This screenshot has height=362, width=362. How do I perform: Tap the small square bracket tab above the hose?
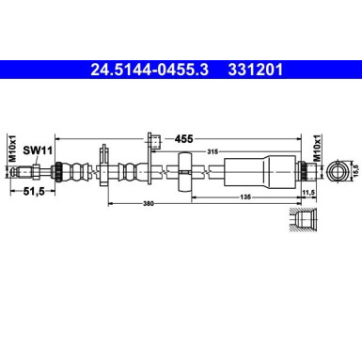[x=151, y=142]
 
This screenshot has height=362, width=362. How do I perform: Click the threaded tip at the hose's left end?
[x=34, y=170]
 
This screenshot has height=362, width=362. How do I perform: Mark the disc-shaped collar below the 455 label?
[x=184, y=170]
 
